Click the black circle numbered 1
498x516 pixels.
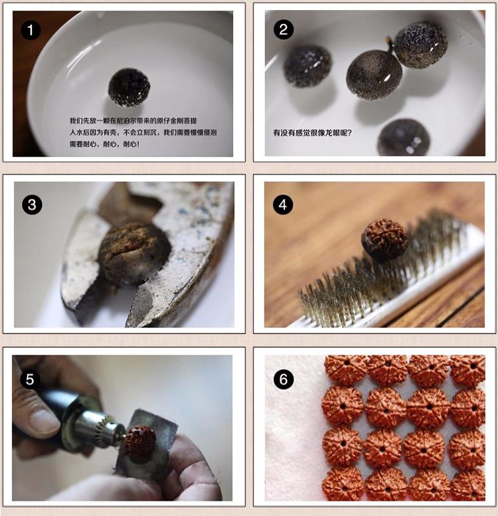pyautogui.click(x=31, y=31)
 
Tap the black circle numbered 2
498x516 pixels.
pyautogui.click(x=284, y=30)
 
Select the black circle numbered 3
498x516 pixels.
pyautogui.click(x=32, y=205)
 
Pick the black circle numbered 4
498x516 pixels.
pyautogui.click(x=283, y=205)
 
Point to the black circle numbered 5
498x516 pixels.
pyautogui.click(x=30, y=379)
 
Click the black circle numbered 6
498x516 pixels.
pyautogui.click(x=284, y=379)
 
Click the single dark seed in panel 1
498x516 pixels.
pyautogui.click(x=129, y=87)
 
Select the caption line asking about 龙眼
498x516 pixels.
pyautogui.click(x=312, y=133)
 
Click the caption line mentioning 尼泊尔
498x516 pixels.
pyautogui.click(x=133, y=121)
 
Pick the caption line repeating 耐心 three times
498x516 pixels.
pyautogui.click(x=104, y=144)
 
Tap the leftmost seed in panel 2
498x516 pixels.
pyautogui.click(x=307, y=66)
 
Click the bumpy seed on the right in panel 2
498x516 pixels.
pyautogui.click(x=421, y=44)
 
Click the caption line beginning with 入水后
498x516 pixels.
pyautogui.click(x=143, y=133)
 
